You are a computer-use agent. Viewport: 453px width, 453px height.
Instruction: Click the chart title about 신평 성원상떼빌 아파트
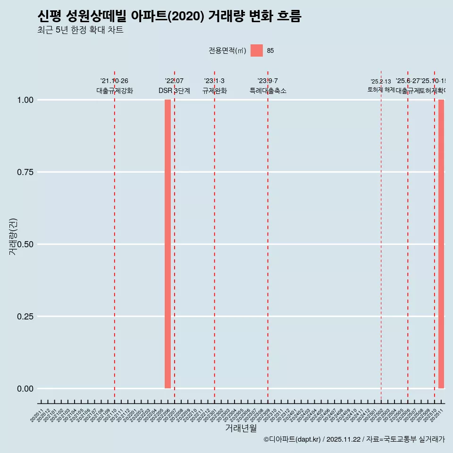point(169,16)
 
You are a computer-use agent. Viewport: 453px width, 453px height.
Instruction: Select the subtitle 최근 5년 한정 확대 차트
point(80,30)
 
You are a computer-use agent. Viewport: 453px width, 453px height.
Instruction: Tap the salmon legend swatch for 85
point(256,50)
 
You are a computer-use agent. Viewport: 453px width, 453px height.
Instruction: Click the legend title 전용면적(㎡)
point(227,50)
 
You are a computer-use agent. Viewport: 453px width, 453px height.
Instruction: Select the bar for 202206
point(168,244)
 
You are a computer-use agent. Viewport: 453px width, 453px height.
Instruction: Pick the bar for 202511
point(441,244)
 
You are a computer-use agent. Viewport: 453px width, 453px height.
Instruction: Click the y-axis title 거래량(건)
point(13,236)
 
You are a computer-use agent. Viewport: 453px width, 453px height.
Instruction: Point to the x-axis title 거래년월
point(241,428)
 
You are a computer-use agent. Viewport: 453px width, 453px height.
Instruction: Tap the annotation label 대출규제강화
point(115,91)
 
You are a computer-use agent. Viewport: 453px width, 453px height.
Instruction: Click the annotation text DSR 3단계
point(174,91)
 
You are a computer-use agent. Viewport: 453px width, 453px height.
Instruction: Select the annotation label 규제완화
point(215,91)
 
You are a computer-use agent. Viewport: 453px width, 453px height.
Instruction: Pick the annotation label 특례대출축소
point(268,91)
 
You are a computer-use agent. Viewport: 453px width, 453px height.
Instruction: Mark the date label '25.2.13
point(381,82)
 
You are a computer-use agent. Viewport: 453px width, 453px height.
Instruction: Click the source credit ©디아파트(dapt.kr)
point(292,439)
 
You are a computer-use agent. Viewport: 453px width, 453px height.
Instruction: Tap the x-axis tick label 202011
point(37,415)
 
